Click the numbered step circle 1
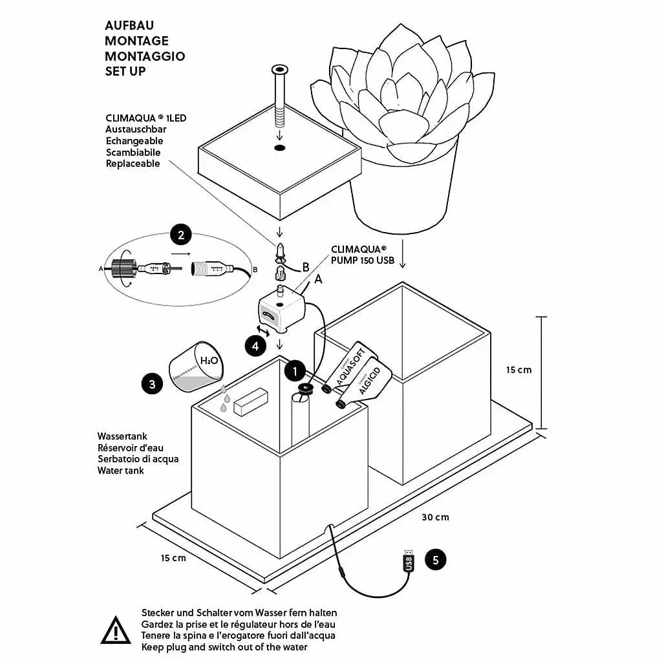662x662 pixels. click(295, 371)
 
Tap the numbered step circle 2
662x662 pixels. click(180, 235)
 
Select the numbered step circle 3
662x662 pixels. click(152, 384)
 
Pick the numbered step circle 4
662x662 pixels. click(256, 346)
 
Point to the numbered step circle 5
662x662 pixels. click(435, 559)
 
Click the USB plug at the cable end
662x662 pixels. click(408, 560)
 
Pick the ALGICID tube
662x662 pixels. click(365, 384)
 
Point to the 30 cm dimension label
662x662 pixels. click(435, 517)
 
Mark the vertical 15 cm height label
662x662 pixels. click(518, 370)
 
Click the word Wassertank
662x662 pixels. click(120, 436)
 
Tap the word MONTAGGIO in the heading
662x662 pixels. click(145, 56)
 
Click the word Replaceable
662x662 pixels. click(133, 164)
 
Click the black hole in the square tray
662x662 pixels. click(279, 148)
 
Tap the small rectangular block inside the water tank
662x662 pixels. click(250, 403)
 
